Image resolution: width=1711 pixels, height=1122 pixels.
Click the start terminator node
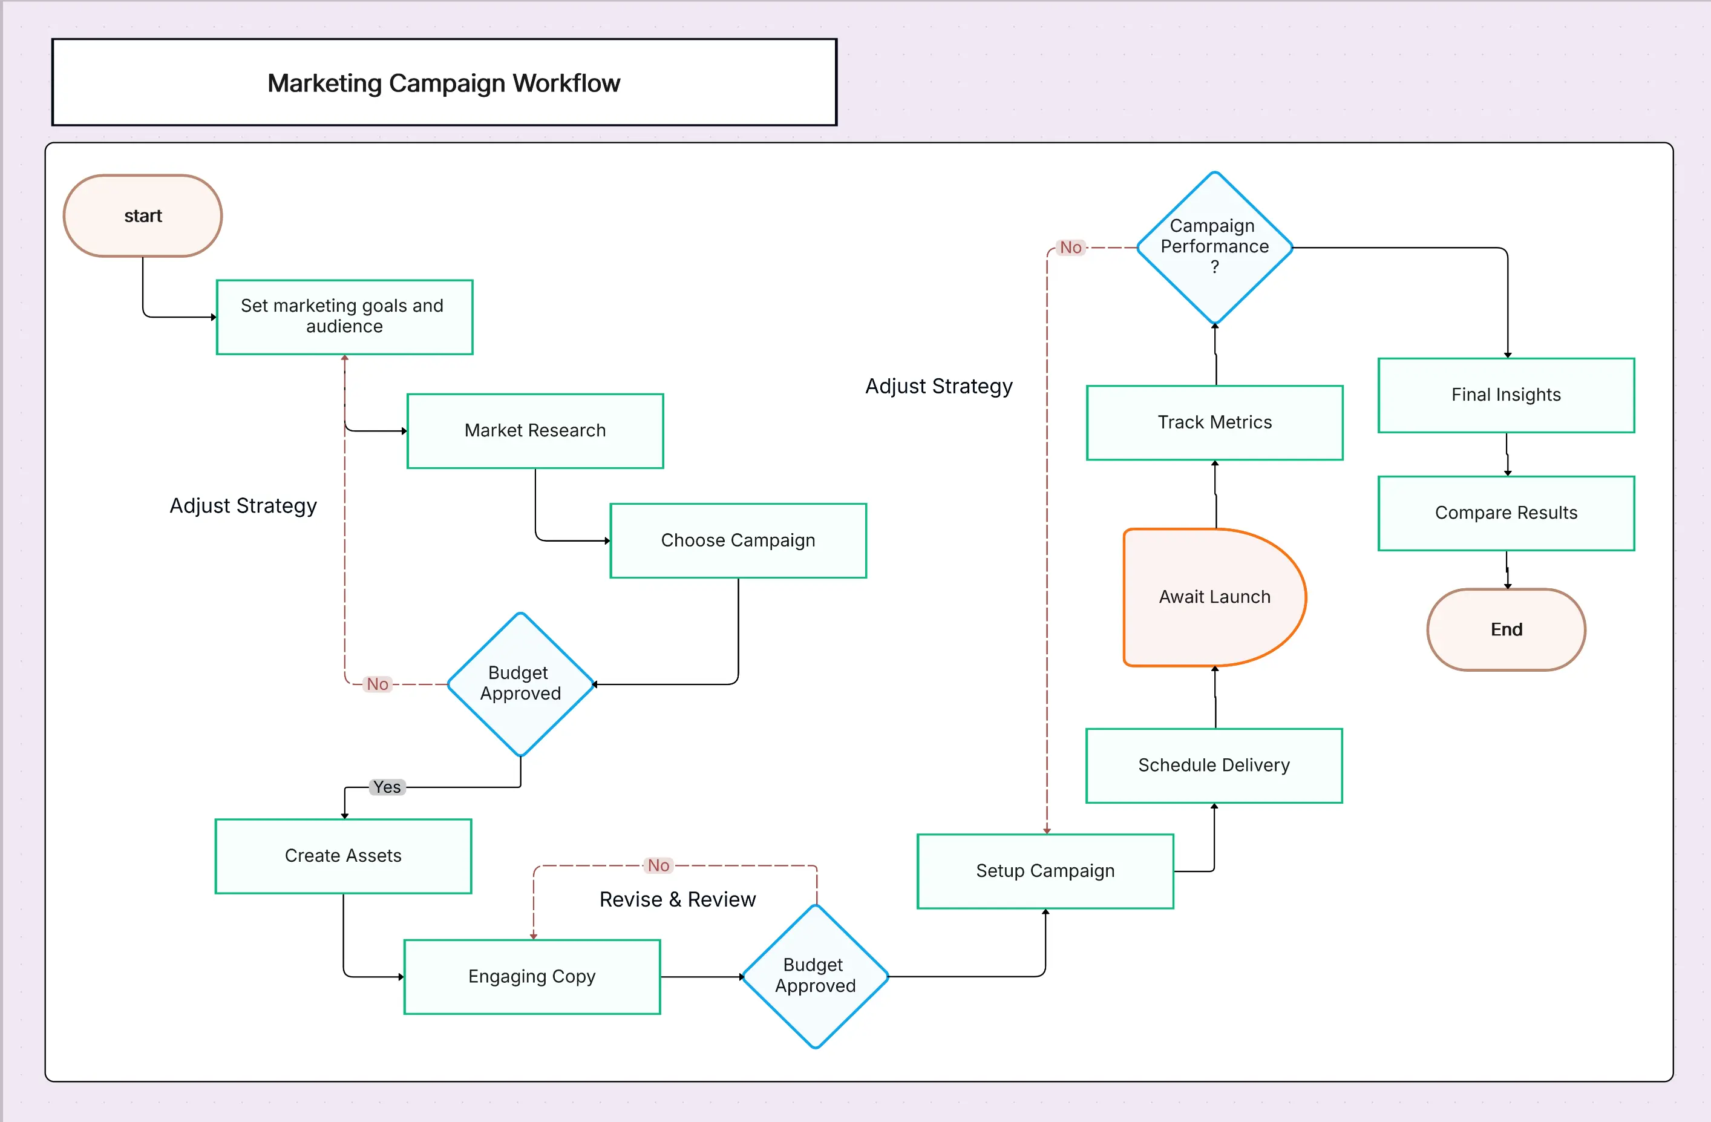[142, 216]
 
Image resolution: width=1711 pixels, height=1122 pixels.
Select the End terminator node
[1505, 629]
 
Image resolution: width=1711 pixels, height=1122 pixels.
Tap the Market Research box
[535, 431]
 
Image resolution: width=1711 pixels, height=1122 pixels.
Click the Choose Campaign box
[738, 540]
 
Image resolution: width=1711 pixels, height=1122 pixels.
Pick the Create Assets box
[343, 856]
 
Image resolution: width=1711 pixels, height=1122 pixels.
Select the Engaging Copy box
[532, 976]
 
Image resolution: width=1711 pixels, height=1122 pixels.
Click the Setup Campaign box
[1045, 871]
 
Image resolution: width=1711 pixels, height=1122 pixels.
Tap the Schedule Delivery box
[1214, 766]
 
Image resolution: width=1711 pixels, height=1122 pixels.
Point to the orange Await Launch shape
[1214, 597]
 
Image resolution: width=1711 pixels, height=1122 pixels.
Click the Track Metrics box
[1214, 422]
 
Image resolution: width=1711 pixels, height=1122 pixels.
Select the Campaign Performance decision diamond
[1214, 247]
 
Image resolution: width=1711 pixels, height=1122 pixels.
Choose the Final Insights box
[1505, 395]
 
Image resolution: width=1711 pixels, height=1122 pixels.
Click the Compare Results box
[1505, 513]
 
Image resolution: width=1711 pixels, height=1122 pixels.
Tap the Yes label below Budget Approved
[387, 787]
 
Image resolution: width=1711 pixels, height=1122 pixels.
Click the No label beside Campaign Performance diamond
[1070, 248]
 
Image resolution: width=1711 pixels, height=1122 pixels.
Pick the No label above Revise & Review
[658, 865]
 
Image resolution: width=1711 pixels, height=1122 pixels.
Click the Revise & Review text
[677, 899]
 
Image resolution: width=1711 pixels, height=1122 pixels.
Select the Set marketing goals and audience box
[344, 317]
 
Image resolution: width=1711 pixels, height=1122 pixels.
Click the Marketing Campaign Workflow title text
[443, 84]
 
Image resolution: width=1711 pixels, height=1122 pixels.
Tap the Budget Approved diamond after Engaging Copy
[814, 976]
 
